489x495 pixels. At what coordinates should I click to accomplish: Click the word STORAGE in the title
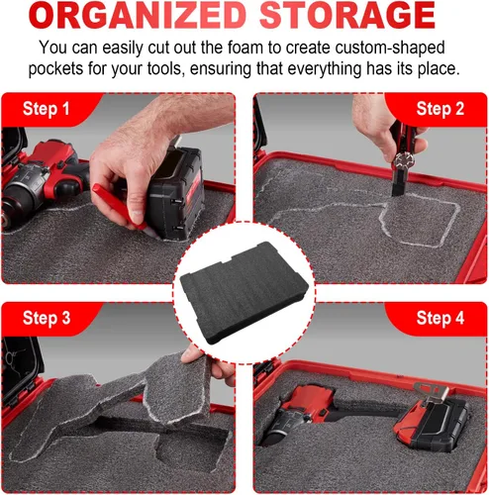coord(347,16)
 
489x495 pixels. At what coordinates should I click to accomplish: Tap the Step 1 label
coord(47,109)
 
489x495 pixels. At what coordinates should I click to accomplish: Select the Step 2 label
coord(440,109)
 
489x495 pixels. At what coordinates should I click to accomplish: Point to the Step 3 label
coord(47,318)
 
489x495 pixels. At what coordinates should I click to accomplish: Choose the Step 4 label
coord(440,318)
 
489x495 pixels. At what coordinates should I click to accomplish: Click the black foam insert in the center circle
coord(244,293)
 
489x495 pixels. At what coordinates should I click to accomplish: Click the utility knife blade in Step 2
coord(397,185)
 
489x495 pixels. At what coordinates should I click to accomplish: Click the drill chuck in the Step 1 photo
coord(12,206)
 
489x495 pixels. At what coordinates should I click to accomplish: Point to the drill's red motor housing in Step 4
coord(309,398)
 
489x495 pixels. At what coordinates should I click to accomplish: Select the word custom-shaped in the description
coord(390,49)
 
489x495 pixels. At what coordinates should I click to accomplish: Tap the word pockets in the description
coord(55,69)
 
